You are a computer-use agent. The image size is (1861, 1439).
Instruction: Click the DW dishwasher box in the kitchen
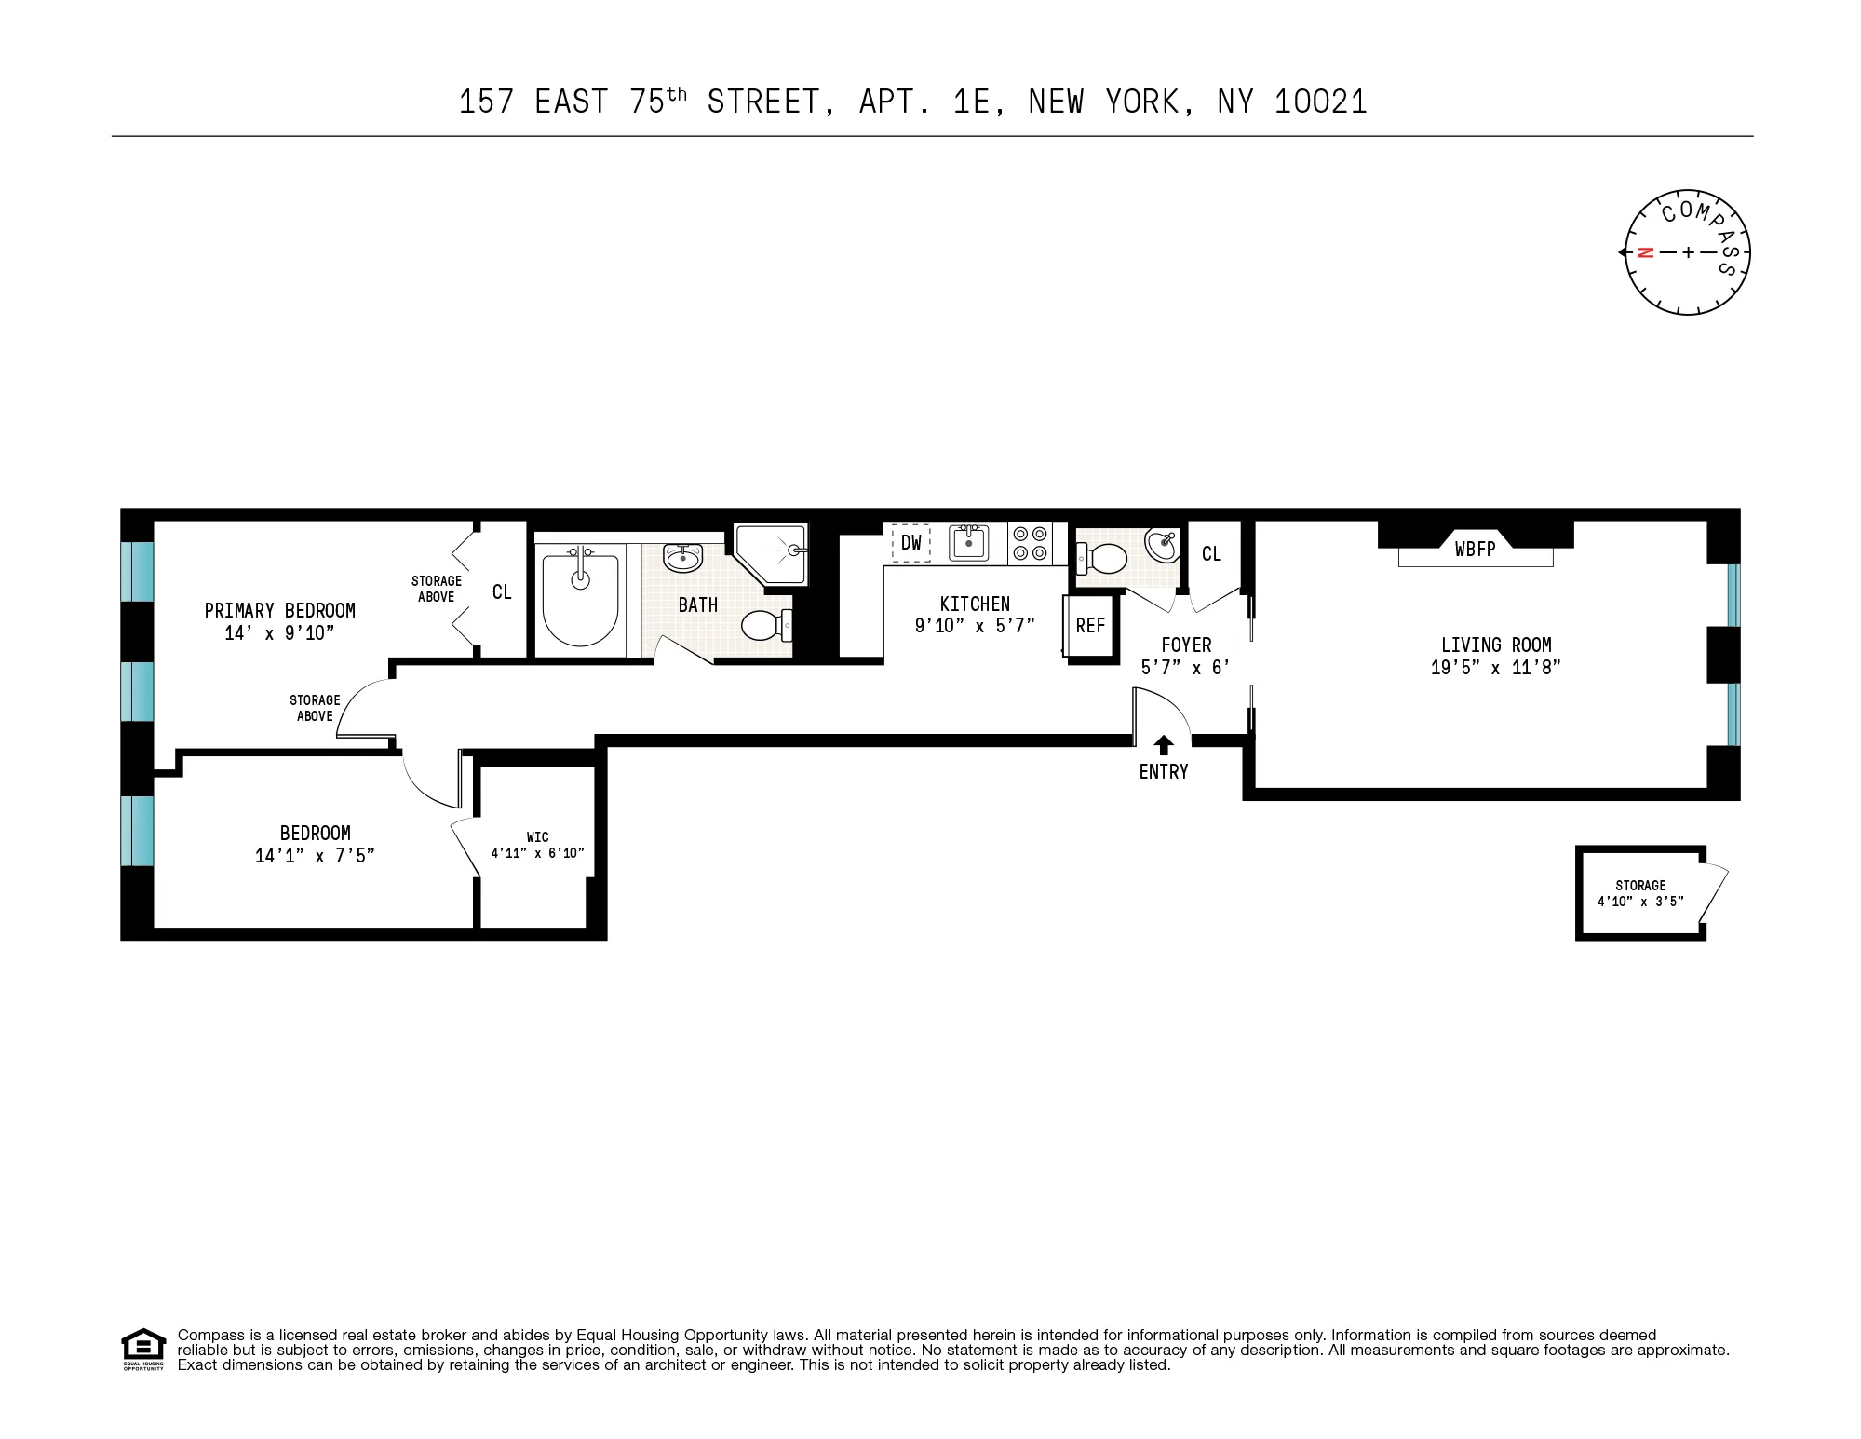coord(910,542)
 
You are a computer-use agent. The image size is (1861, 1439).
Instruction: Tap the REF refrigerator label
coord(1090,626)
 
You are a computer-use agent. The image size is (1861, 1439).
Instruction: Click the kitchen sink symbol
coord(968,542)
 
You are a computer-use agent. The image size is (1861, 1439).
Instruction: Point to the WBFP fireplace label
coord(1475,550)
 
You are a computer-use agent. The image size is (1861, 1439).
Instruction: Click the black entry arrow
coord(1163,744)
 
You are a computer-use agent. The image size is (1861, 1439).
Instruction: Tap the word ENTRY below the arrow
coord(1163,771)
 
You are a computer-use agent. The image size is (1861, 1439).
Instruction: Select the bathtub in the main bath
coord(580,596)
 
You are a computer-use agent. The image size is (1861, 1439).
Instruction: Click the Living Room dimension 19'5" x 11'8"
coord(1495,668)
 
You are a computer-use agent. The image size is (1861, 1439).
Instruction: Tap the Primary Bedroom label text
coord(279,611)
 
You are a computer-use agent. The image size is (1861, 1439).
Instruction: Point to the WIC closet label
coord(537,837)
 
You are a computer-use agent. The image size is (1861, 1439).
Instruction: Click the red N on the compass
coord(1645,252)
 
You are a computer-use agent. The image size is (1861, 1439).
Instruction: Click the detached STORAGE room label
coord(1640,886)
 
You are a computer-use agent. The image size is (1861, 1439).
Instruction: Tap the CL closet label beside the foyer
coord(1210,554)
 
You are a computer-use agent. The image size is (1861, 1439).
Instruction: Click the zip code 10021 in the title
coord(1320,102)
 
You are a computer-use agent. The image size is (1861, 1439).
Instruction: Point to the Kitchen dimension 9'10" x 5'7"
coord(974,626)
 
